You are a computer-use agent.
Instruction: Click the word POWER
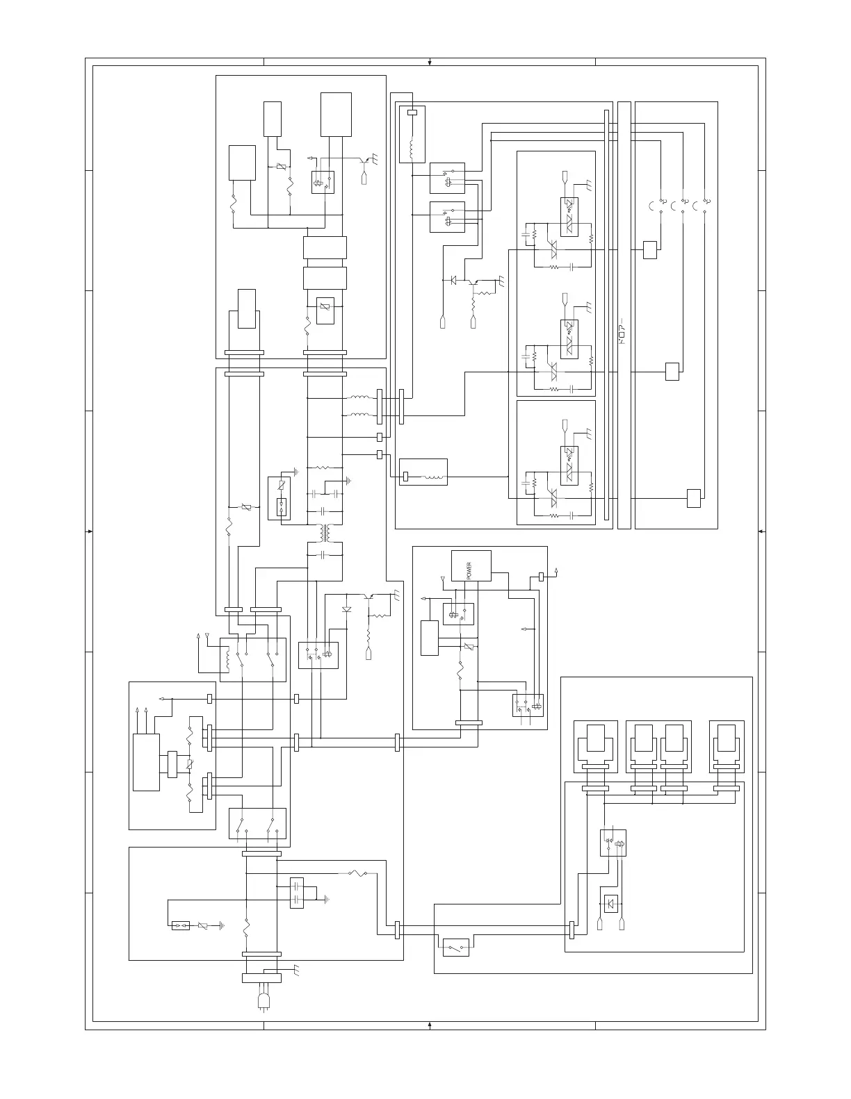[469, 567]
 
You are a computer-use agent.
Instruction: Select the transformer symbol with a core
[325, 533]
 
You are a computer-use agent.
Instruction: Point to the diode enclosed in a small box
[612, 904]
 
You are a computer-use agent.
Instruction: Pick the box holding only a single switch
[455, 947]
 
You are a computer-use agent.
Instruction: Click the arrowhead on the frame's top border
[430, 63]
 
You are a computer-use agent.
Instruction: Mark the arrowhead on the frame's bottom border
[430, 1025]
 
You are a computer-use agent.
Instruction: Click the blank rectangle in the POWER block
[430, 638]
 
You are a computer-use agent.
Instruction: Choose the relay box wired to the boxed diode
[613, 843]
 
